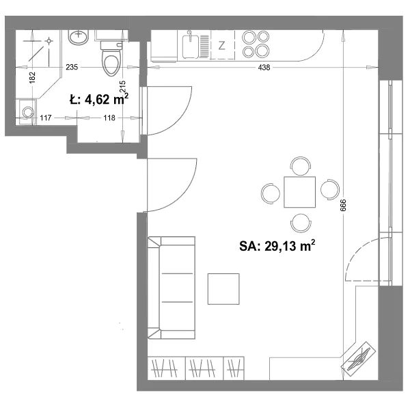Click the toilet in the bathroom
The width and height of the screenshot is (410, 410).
tap(111, 58)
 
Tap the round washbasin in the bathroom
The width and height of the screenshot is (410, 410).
tap(79, 37)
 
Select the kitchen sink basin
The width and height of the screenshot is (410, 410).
tap(191, 46)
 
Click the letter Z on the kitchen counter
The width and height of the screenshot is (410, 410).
tap(221, 46)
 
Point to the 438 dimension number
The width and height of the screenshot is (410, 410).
tap(264, 68)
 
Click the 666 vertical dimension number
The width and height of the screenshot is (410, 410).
tap(343, 205)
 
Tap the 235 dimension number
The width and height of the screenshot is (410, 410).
tap(72, 67)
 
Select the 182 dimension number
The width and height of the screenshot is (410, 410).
tap(32, 78)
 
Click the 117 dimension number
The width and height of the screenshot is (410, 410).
tap(46, 118)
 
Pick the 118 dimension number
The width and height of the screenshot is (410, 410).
tap(109, 118)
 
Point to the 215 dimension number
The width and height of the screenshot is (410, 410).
tap(122, 86)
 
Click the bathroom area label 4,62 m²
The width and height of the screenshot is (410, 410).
tap(99, 99)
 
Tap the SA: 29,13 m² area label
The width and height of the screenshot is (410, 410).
tap(277, 246)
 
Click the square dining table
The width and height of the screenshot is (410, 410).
tap(300, 192)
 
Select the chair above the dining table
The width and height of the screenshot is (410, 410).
tap(301, 166)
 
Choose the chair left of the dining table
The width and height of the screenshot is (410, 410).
tap(271, 193)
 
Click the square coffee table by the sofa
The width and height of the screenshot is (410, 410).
tap(223, 289)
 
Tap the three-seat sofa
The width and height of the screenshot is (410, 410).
tap(172, 288)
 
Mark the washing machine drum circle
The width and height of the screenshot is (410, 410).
tap(28, 112)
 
